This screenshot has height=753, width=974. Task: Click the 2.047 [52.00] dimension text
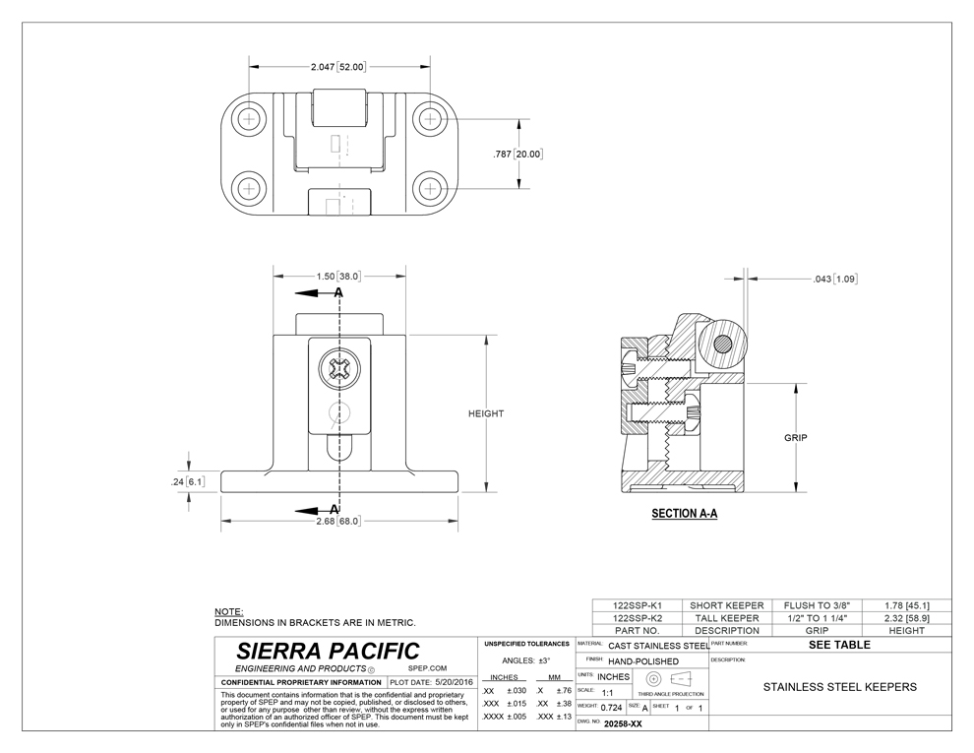[338, 67]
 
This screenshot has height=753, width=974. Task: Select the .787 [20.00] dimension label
[518, 155]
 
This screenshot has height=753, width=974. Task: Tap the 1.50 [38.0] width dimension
[338, 276]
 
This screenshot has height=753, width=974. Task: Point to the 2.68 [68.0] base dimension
[338, 521]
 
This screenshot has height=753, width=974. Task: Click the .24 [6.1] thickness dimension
[188, 481]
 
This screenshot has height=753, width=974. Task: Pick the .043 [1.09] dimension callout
[835, 279]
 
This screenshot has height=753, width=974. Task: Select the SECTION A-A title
[684, 513]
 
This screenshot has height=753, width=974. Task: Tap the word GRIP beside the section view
[795, 438]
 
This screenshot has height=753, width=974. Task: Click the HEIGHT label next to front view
[486, 413]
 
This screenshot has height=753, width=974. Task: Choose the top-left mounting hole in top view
[249, 118]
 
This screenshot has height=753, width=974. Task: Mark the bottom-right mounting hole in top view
[429, 188]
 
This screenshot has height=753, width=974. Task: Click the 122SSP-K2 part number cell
[638, 618]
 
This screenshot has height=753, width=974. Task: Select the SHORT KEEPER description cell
[727, 605]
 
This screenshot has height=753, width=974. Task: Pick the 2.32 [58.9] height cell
[906, 618]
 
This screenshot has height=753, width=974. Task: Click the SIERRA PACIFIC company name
[328, 651]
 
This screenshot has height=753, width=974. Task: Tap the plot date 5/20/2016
[455, 682]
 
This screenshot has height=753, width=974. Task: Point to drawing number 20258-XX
[623, 723]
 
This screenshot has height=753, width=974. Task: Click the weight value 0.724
[611, 708]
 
